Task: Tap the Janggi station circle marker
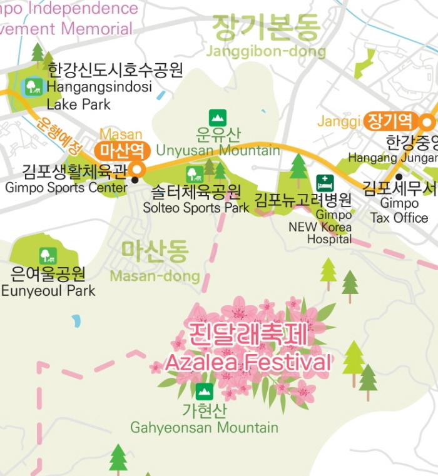pyautogui.click(x=428, y=121)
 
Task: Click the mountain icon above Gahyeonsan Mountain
pyautogui.click(x=204, y=392)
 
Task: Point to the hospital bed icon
pyautogui.click(x=325, y=183)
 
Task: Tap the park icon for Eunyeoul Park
pyautogui.click(x=48, y=255)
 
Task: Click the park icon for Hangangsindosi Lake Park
pyautogui.click(x=33, y=86)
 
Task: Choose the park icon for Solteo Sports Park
pyautogui.click(x=194, y=175)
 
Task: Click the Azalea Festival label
pyautogui.click(x=247, y=362)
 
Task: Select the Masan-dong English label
pyautogui.click(x=155, y=276)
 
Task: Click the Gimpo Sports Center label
pyautogui.click(x=66, y=187)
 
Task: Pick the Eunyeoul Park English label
pyautogui.click(x=48, y=290)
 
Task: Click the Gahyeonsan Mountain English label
pyautogui.click(x=204, y=428)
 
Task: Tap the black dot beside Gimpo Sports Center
pyautogui.click(x=135, y=180)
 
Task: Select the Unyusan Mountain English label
pyautogui.click(x=218, y=150)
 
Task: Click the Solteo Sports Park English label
pyautogui.click(x=196, y=208)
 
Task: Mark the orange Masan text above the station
pyautogui.click(x=121, y=134)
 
